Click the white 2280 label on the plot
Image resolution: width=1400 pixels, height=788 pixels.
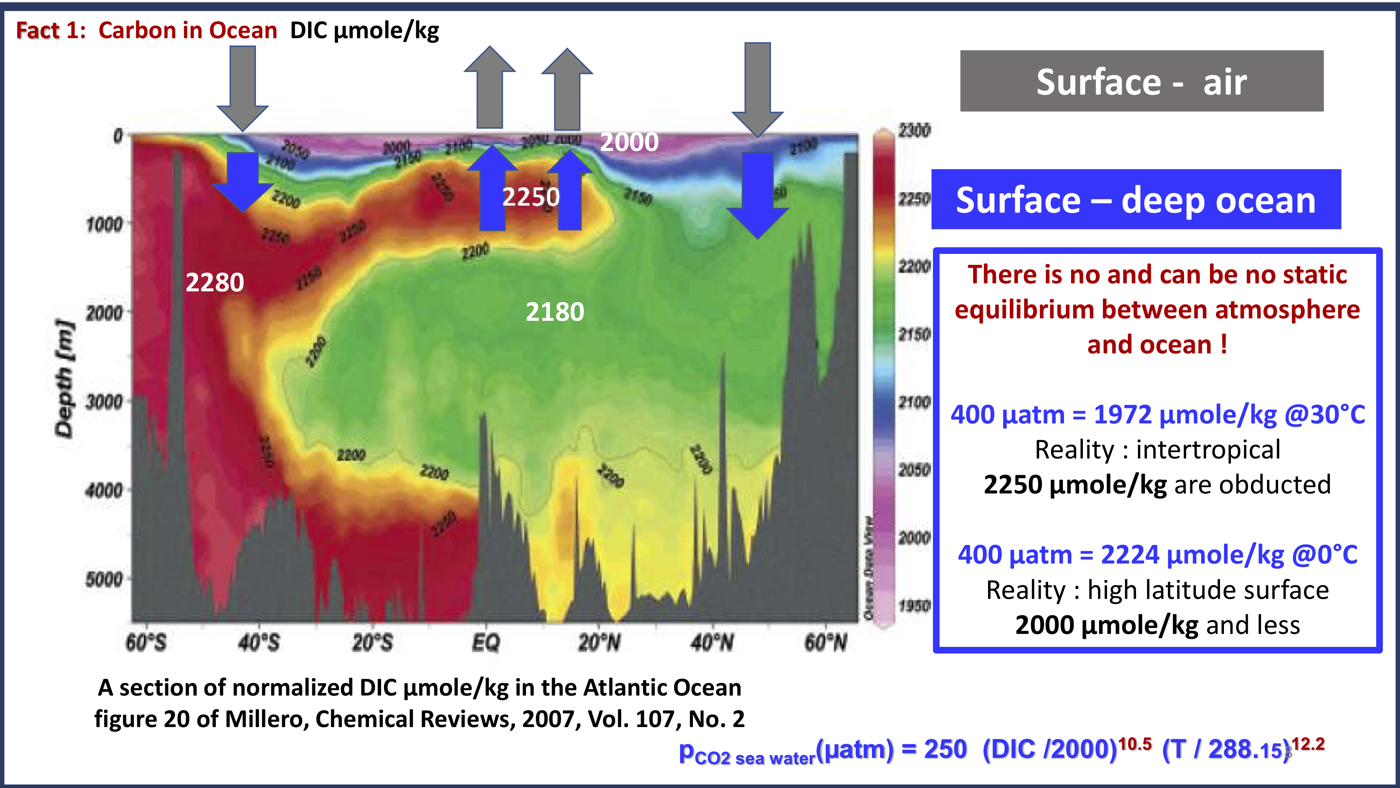215,282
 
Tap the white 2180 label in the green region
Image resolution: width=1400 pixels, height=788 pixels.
554,312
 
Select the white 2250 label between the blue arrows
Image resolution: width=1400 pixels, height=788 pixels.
531,196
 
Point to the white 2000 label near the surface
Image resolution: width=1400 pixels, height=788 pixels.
629,142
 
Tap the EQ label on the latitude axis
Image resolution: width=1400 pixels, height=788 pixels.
485,643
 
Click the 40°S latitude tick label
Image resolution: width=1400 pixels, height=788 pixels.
259,643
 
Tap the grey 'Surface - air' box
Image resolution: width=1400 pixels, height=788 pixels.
1141,82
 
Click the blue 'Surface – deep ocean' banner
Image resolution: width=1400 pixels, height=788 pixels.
1136,200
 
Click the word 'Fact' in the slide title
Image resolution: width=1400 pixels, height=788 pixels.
37,30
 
